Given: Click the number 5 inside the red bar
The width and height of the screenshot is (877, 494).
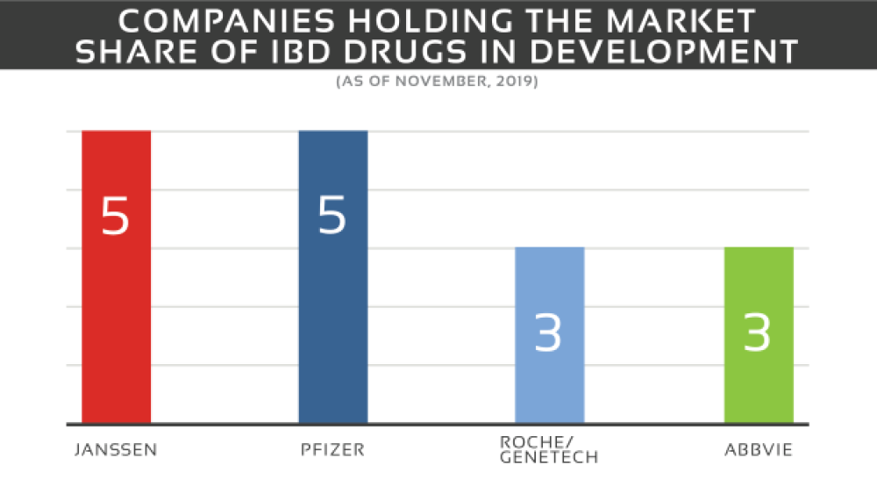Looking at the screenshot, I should (116, 216).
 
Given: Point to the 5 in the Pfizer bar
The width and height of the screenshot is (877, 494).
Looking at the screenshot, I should (332, 216).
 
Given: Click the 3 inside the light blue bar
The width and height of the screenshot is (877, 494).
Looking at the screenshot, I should (549, 333).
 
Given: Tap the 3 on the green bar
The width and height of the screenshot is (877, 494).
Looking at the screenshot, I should (758, 333).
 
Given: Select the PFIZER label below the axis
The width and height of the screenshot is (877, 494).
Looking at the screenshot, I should (332, 450).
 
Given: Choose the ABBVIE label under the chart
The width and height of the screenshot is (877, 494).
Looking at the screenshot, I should (758, 450).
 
